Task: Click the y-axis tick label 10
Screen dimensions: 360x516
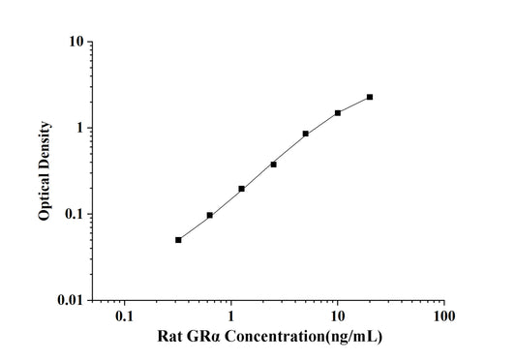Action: (x=74, y=43)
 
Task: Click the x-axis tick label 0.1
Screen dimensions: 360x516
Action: (x=124, y=316)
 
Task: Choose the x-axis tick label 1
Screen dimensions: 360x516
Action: (x=230, y=316)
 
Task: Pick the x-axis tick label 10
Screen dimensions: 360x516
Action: (x=337, y=316)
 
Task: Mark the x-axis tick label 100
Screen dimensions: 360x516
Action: (x=443, y=316)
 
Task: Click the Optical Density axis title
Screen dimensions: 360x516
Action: (x=45, y=171)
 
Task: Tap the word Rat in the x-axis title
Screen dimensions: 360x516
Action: (x=170, y=338)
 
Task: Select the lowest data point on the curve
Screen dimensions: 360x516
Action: (x=178, y=240)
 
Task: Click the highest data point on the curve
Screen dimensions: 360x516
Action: (x=370, y=97)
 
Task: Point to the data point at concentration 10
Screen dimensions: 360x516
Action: (x=338, y=112)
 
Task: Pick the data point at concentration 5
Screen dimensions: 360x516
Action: (x=306, y=134)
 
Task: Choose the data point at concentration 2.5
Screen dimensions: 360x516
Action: (x=274, y=165)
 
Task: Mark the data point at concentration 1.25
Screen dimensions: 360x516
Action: (x=242, y=189)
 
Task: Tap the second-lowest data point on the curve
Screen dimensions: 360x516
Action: (x=210, y=215)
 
